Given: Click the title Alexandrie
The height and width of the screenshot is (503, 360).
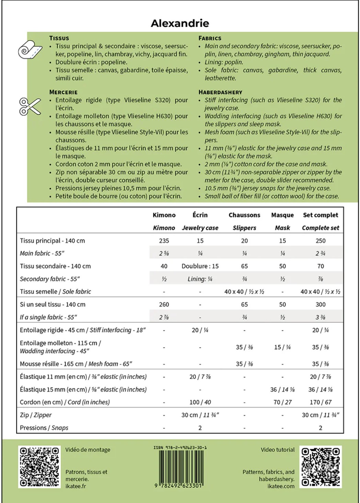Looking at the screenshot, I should (x=180, y=23).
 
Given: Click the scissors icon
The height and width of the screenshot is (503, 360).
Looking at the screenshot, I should (x=30, y=106).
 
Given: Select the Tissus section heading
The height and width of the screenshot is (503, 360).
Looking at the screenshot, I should (x=59, y=38).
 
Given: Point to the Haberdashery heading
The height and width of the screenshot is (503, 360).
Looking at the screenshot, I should (x=220, y=92).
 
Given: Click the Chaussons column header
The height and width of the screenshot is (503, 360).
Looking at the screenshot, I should (x=244, y=215).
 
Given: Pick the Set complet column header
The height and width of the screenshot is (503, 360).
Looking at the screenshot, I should (x=320, y=215).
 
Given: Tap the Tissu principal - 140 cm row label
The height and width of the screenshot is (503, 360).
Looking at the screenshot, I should (x=52, y=241).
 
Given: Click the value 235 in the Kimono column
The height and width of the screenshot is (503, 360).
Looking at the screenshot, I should (x=164, y=241).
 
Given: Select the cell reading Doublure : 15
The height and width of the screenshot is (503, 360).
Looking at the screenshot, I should (x=200, y=266).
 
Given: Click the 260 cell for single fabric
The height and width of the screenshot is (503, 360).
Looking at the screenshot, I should (x=164, y=304).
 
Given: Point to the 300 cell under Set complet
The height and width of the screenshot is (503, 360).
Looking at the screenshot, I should (x=320, y=304).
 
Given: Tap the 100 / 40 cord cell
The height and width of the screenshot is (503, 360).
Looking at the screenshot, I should (x=200, y=402).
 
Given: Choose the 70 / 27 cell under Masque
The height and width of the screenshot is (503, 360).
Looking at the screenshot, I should (x=282, y=402).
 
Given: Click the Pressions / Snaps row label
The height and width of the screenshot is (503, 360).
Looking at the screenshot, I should (x=44, y=428).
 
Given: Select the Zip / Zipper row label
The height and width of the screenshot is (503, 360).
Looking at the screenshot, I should (x=36, y=415).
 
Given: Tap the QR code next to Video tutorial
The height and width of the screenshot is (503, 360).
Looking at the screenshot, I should (x=320, y=467).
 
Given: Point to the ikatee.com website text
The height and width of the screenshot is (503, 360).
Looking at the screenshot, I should (x=281, y=486).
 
